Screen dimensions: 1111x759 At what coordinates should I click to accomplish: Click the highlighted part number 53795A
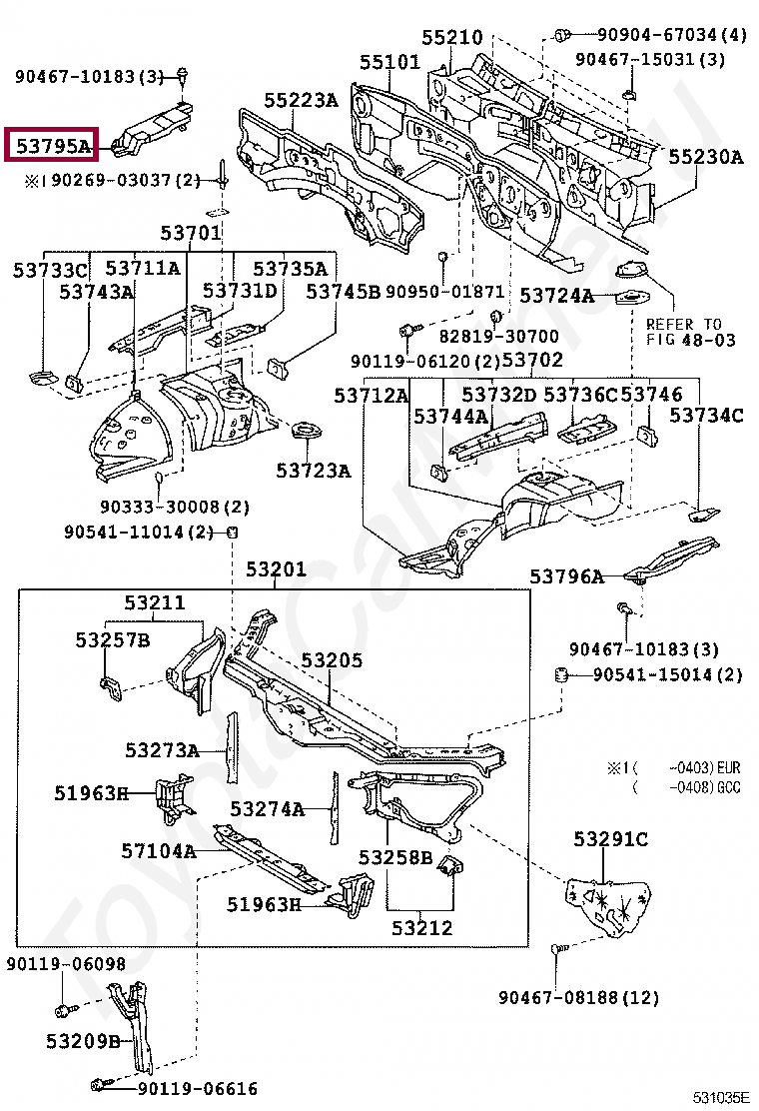tap(51, 146)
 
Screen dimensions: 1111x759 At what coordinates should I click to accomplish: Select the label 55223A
tap(301, 101)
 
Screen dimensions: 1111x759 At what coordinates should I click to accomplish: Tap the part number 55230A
tap(705, 157)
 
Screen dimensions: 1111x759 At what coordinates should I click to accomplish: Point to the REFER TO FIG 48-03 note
tap(690, 332)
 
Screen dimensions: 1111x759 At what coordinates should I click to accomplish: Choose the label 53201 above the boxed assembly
tap(276, 569)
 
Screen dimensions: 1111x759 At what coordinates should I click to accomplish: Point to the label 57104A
tap(158, 851)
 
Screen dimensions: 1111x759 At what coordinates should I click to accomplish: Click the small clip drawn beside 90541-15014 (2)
tap(561, 675)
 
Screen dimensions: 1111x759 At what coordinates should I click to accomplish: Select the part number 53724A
tap(556, 296)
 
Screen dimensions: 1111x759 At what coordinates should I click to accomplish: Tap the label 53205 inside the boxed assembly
tap(332, 660)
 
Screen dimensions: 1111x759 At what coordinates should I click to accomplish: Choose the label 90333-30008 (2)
tap(175, 507)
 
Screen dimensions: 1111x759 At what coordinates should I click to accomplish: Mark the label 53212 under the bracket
tap(421, 928)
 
